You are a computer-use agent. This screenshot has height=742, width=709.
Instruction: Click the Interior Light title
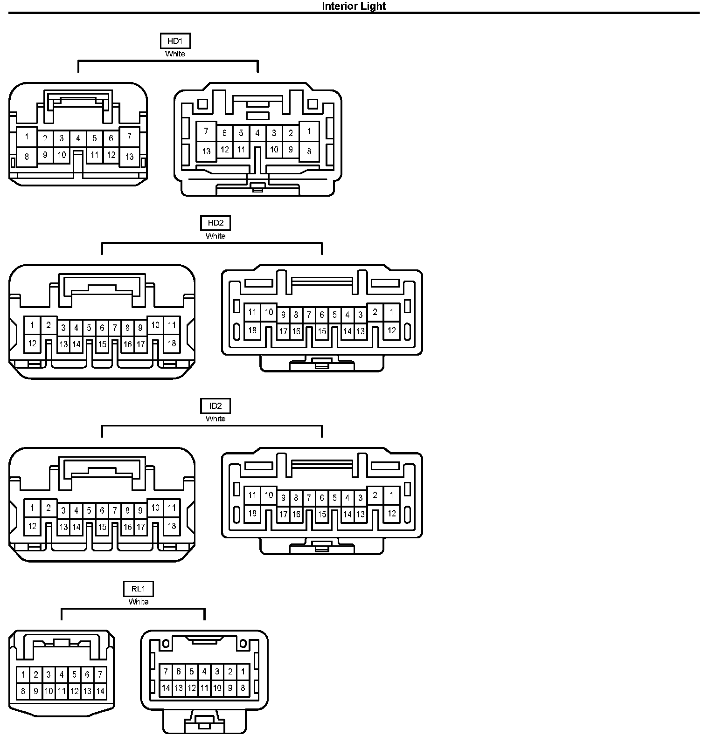pyautogui.click(x=354, y=6)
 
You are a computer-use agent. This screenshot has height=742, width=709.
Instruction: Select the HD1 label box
pyautogui.click(x=175, y=41)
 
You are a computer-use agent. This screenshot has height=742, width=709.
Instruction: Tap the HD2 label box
pyautogui.click(x=215, y=223)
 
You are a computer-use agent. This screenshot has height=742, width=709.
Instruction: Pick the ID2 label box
pyautogui.click(x=215, y=405)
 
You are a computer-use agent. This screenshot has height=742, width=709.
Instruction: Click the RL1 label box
pyautogui.click(x=139, y=589)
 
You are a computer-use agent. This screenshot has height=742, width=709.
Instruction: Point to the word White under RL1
pyautogui.click(x=139, y=602)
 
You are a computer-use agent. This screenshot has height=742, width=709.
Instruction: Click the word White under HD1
pyautogui.click(x=175, y=54)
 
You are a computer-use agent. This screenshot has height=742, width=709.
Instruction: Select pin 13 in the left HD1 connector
pyautogui.click(x=129, y=157)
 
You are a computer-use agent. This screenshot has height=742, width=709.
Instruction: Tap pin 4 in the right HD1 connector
pyautogui.click(x=257, y=133)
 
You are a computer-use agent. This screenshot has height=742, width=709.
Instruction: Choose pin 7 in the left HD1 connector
pyautogui.click(x=129, y=137)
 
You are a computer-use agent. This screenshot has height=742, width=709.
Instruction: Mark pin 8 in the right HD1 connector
pyautogui.click(x=309, y=151)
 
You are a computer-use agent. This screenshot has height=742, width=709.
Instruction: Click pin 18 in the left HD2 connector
pyautogui.click(x=172, y=344)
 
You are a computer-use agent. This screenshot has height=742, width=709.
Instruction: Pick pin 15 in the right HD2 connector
pyautogui.click(x=322, y=331)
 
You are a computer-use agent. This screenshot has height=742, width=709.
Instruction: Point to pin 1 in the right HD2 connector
pyautogui.click(x=391, y=312)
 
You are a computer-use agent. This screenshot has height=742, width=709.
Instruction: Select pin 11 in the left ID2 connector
pyautogui.click(x=172, y=508)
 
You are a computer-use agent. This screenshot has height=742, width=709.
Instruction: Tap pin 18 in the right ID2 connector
pyautogui.click(x=252, y=513)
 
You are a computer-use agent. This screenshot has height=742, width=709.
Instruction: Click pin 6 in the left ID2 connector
pyautogui.click(x=102, y=511)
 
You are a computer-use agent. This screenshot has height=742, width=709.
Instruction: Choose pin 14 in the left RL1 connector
pyautogui.click(x=100, y=692)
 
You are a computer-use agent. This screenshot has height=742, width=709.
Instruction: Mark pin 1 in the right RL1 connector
pyautogui.click(x=243, y=672)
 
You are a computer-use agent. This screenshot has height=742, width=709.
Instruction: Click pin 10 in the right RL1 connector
pyautogui.click(x=217, y=688)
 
